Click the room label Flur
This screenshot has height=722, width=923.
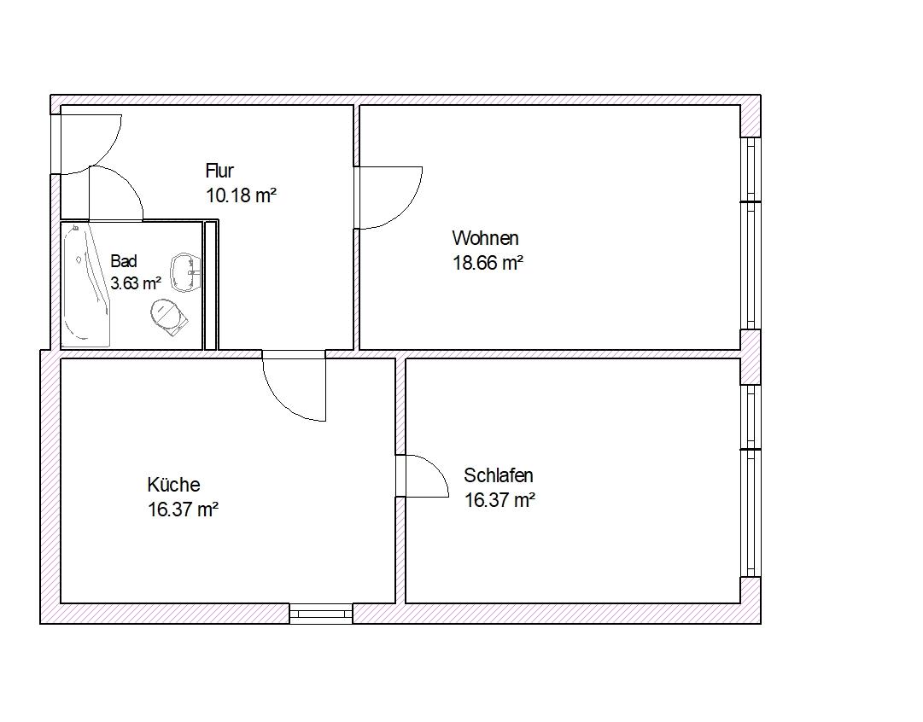point(219,171)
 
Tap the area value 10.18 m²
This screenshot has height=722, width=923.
point(242,195)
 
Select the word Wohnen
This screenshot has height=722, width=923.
point(486,238)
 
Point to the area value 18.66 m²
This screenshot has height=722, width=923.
point(488,263)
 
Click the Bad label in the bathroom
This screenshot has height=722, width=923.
point(124,260)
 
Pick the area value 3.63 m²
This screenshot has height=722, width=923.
point(136,283)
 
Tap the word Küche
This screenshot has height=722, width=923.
point(173,484)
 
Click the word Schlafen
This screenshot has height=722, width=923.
point(499,475)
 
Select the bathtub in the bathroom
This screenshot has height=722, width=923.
point(86,286)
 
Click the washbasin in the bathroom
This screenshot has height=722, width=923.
point(185,272)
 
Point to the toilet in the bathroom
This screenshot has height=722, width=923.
point(169,317)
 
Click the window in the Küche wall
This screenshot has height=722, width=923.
point(321,614)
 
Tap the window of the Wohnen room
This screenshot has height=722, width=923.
point(750,233)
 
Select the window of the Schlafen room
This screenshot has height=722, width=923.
point(750,480)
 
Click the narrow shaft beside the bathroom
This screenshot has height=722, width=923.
point(211,285)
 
